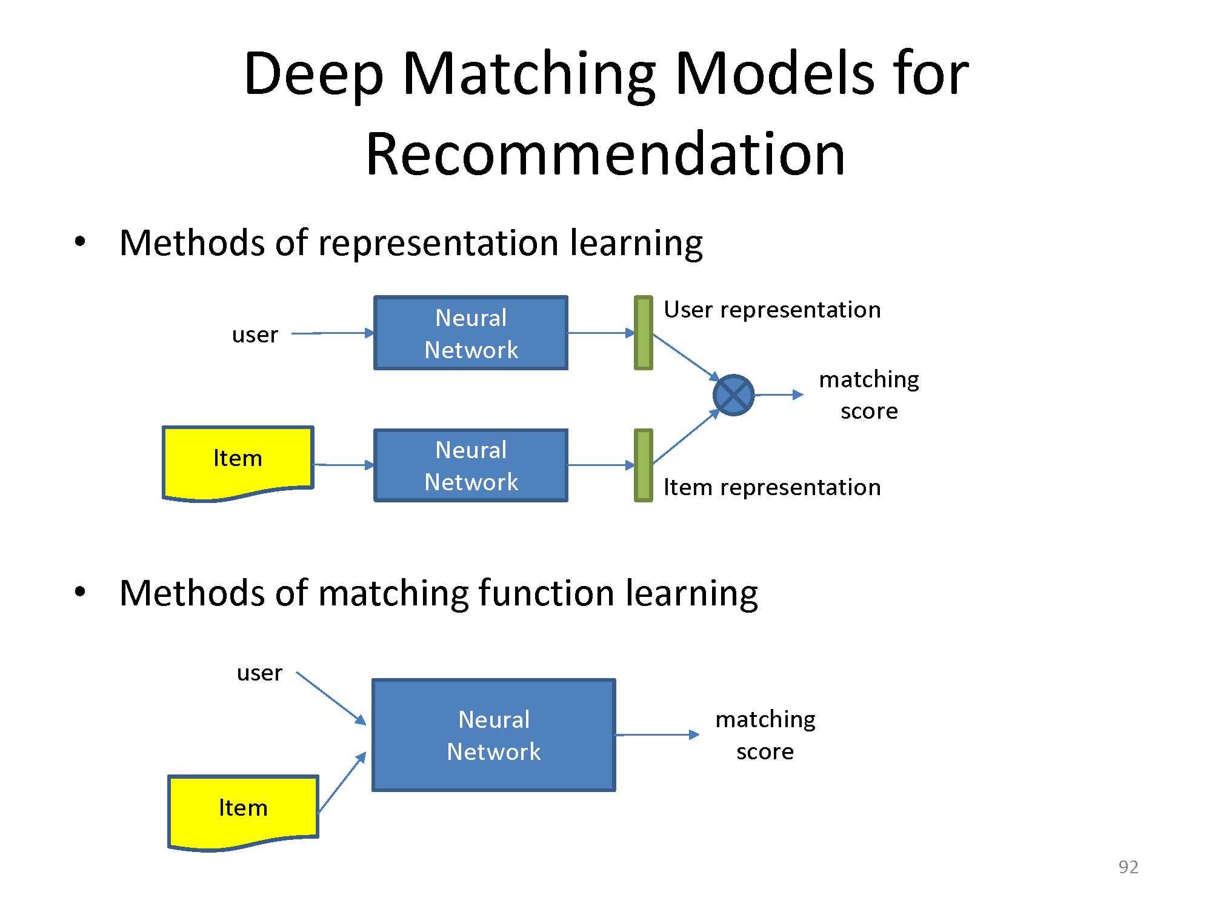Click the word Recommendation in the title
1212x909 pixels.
point(605,154)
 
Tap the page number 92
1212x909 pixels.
point(1128,867)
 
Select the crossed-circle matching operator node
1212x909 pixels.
point(733,395)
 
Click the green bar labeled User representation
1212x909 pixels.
point(643,333)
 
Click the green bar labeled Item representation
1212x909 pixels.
point(643,465)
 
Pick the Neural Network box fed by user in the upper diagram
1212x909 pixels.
point(471,333)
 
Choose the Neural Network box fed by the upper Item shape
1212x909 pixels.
point(471,465)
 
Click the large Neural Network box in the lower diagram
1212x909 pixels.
point(494,735)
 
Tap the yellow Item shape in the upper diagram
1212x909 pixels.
point(238,462)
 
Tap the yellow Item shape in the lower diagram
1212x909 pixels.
point(243,812)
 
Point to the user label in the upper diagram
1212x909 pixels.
point(255,335)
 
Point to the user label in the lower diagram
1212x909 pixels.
point(259,673)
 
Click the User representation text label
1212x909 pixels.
point(772,310)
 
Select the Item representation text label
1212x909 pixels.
point(772,487)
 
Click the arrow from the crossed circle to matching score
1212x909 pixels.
point(779,395)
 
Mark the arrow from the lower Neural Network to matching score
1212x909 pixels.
point(658,735)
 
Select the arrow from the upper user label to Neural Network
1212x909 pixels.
point(333,333)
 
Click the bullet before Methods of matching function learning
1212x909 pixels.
point(80,592)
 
